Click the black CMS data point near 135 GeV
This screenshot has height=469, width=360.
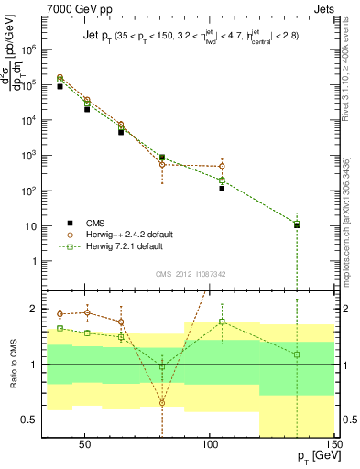(x=297, y=224)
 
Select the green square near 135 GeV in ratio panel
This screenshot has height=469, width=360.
(x=297, y=354)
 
